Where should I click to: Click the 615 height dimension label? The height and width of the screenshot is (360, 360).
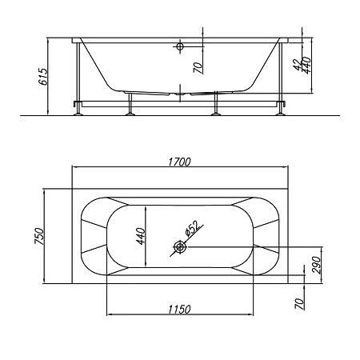tap(43, 77)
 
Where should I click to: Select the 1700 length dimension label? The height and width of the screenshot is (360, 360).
tap(180, 162)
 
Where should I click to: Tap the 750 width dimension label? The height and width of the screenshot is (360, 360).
tap(39, 236)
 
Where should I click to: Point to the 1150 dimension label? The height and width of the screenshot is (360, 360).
tap(180, 310)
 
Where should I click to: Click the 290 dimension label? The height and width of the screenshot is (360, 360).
tap(316, 265)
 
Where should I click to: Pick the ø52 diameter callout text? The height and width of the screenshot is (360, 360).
tap(192, 229)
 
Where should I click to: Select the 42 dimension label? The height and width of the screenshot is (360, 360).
tap(298, 65)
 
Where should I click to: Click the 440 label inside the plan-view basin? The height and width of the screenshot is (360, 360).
tap(141, 236)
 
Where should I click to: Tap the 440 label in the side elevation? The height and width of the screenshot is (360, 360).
tap(307, 66)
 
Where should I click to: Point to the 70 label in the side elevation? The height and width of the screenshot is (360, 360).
tap(198, 68)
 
